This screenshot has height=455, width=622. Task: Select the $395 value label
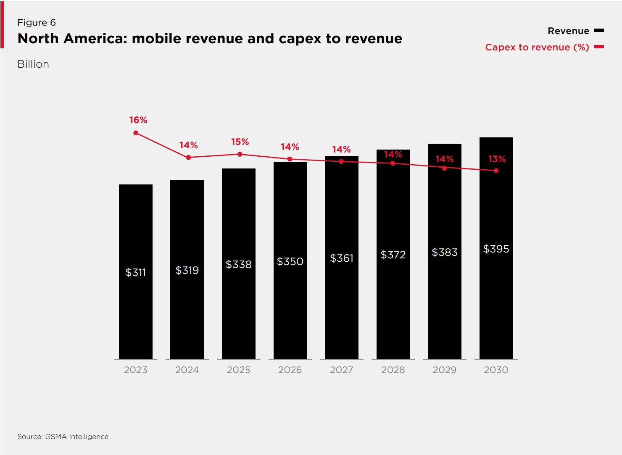[x=496, y=249]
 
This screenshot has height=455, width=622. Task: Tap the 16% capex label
[x=138, y=120]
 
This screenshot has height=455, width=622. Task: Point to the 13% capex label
[x=497, y=159]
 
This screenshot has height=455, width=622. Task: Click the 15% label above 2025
[x=240, y=142]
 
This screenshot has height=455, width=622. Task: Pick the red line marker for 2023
[x=136, y=133]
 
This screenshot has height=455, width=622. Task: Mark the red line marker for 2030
[x=496, y=171]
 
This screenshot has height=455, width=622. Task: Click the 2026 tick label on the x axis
[x=290, y=370]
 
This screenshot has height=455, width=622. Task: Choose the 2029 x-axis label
[x=444, y=370]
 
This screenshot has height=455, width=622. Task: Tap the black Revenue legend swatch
[x=598, y=31]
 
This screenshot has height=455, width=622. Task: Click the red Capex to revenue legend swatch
[x=598, y=47]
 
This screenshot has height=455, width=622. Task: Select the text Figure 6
[x=37, y=23]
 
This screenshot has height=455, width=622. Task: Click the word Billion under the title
[x=33, y=64]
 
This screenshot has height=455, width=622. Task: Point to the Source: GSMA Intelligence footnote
[x=63, y=437]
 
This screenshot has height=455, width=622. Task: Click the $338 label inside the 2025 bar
[x=238, y=264]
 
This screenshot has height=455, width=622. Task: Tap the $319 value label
[x=187, y=270]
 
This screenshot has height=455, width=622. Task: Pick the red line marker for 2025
[x=240, y=154]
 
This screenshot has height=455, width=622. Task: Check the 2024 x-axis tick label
[x=187, y=370]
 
